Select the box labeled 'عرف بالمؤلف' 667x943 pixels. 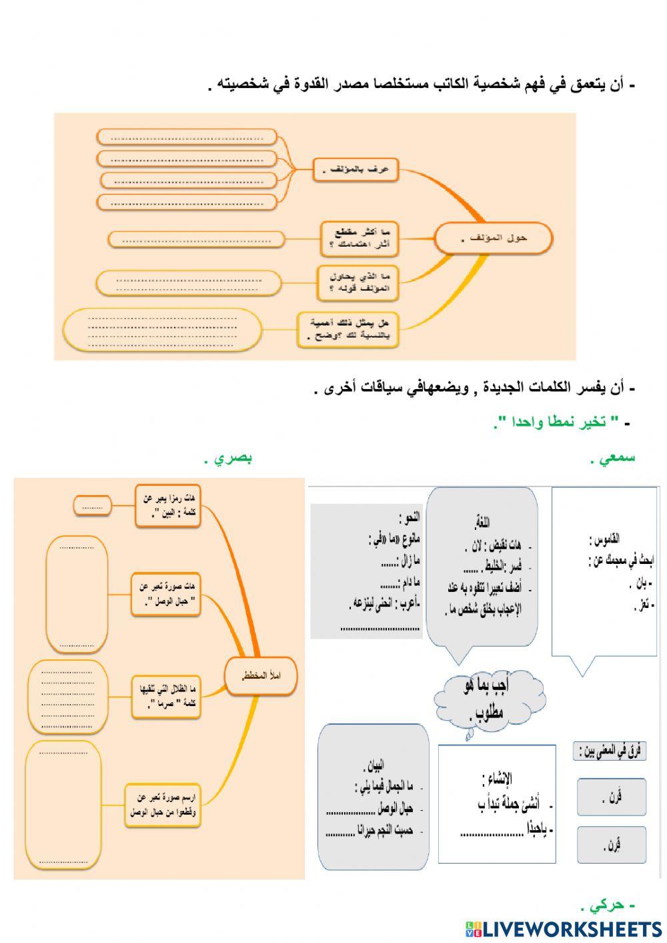click(x=356, y=170)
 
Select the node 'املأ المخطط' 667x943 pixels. click(x=261, y=676)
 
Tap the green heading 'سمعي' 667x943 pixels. click(x=616, y=458)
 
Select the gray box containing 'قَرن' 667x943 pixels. click(x=611, y=796)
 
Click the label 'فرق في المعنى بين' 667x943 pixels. click(x=610, y=751)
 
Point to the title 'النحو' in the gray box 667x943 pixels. click(x=408, y=518)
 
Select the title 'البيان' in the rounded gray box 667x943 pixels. click(x=374, y=765)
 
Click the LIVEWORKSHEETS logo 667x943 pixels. click(x=564, y=928)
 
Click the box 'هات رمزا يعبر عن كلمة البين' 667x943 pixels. click(x=168, y=506)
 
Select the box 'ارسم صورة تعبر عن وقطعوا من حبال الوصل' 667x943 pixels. click(x=164, y=806)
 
